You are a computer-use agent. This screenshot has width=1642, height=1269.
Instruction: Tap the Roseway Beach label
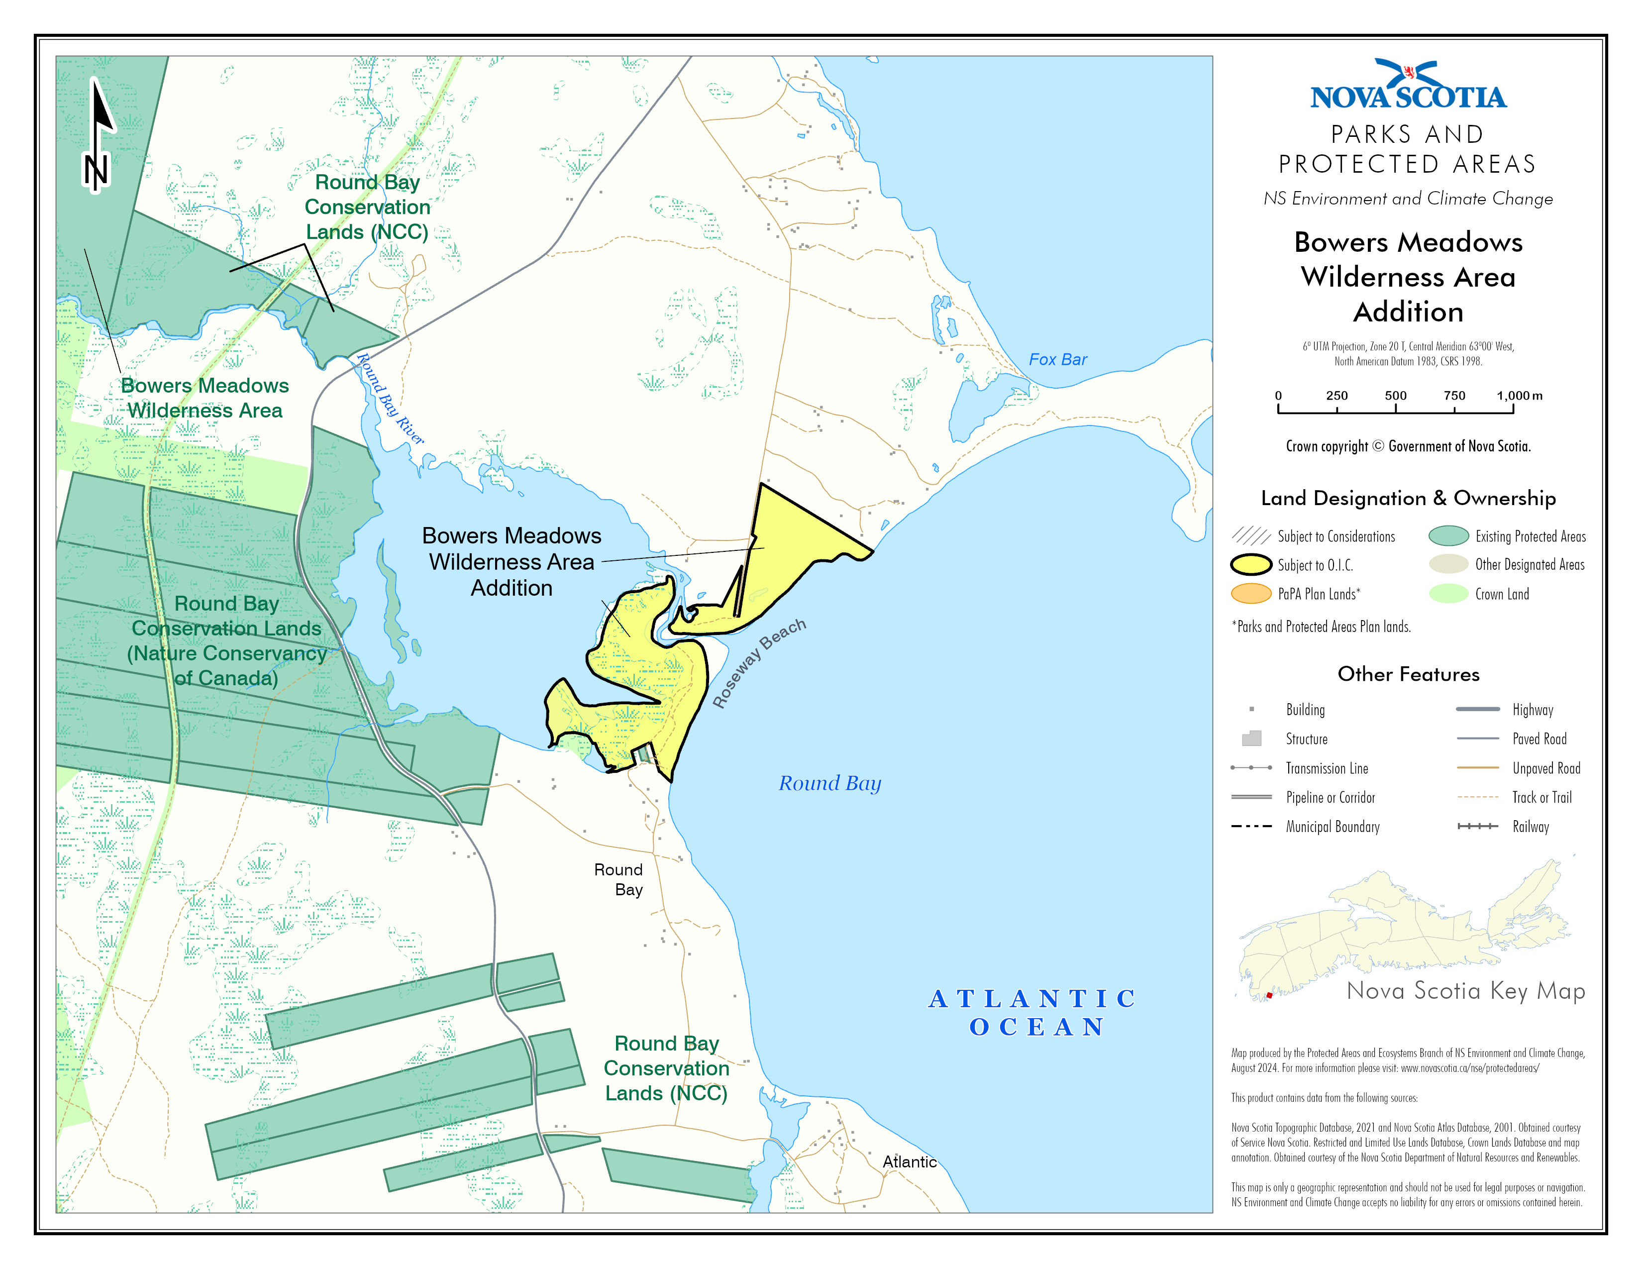point(759,662)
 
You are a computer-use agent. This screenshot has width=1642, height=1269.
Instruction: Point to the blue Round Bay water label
point(829,783)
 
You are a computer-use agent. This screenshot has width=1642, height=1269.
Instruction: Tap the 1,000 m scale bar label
point(1519,396)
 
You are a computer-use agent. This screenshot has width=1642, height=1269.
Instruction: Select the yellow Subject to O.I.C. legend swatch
point(1251,565)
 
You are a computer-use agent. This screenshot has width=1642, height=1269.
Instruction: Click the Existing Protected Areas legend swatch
point(1448,536)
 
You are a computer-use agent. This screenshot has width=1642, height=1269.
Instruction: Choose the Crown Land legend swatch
point(1448,594)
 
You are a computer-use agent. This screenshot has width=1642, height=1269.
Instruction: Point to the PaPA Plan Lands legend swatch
point(1251,594)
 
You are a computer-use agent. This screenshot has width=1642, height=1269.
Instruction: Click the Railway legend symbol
point(1477,826)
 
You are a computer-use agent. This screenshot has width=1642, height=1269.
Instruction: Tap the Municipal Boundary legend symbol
point(1251,826)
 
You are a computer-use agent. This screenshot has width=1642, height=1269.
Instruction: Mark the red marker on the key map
point(1269,995)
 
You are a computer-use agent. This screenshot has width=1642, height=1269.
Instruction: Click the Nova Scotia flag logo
point(1408,74)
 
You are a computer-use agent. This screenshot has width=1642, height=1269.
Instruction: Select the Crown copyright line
point(1408,446)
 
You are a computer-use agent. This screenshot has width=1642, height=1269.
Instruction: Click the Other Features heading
point(1408,674)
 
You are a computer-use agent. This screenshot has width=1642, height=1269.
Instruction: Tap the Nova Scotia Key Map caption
point(1465,991)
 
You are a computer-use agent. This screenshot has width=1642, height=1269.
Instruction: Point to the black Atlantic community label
point(909,1162)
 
